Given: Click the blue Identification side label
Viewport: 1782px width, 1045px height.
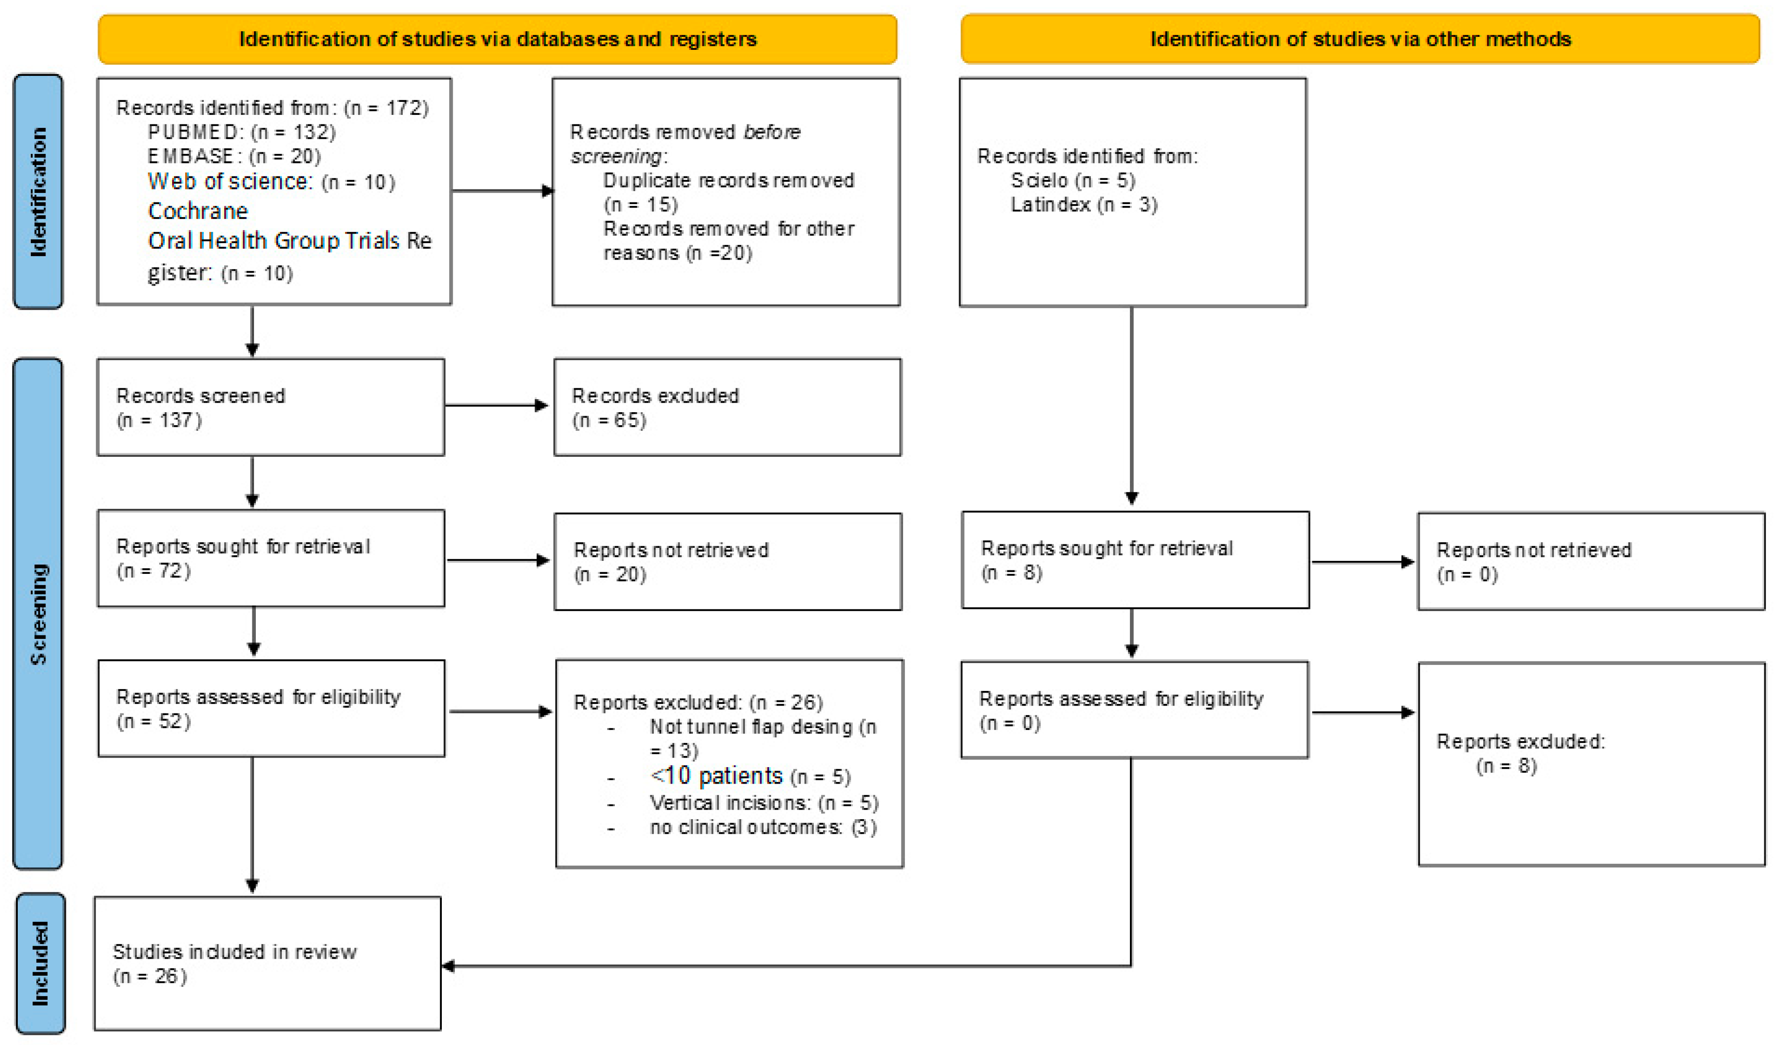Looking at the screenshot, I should (38, 192).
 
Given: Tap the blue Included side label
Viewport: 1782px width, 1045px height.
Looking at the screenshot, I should (40, 963).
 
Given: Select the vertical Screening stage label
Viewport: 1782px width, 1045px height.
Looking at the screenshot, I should (38, 614).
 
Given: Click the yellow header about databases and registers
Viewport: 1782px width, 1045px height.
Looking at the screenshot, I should (497, 39).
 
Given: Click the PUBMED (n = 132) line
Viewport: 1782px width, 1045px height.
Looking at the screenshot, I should (241, 132).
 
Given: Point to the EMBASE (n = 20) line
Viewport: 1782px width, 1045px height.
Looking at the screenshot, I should (234, 156).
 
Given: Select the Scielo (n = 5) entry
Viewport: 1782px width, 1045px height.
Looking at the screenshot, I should (1072, 180).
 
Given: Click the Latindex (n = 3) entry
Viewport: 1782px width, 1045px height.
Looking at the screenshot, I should (1084, 205).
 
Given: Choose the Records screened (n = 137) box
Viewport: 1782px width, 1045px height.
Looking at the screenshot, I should (271, 407).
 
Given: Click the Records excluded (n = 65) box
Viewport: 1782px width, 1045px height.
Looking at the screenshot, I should (727, 407).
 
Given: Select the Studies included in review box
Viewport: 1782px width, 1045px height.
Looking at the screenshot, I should (267, 963).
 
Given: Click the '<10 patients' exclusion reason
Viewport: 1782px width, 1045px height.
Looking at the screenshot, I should (750, 776).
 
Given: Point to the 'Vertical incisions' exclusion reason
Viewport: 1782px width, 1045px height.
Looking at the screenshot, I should (764, 803).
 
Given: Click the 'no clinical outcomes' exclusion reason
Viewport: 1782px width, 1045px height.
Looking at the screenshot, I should (762, 827).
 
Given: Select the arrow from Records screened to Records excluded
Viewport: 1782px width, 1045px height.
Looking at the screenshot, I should (496, 406).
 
